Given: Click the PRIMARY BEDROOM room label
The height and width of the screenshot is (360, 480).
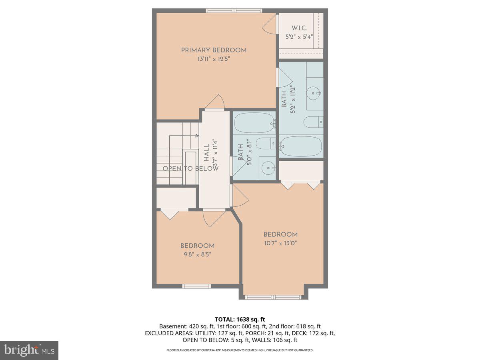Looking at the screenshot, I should pyautogui.click(x=214, y=50).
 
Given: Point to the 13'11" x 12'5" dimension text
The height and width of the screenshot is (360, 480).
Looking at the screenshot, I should pyautogui.click(x=214, y=59).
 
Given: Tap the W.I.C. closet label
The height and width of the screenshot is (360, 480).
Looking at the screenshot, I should pyautogui.click(x=299, y=28).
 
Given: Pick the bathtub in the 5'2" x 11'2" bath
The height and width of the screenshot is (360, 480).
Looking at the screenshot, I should pyautogui.click(x=301, y=146).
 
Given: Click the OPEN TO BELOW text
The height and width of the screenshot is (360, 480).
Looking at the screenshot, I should pyautogui.click(x=190, y=168).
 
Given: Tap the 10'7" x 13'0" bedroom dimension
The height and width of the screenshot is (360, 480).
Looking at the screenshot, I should pyautogui.click(x=280, y=243).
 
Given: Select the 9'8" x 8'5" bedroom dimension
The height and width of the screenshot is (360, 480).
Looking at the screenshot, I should pyautogui.click(x=197, y=254).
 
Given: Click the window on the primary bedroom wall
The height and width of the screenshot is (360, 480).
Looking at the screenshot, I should pyautogui.click(x=234, y=10).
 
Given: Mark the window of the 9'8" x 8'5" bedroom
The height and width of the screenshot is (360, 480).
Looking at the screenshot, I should pyautogui.click(x=196, y=286).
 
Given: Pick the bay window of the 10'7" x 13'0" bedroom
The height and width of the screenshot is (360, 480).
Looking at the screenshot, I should pyautogui.click(x=273, y=297).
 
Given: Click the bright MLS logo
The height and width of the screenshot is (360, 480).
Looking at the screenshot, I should pyautogui.click(x=29, y=350).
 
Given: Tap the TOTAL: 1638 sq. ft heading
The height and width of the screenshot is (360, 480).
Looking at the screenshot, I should pyautogui.click(x=240, y=319).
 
